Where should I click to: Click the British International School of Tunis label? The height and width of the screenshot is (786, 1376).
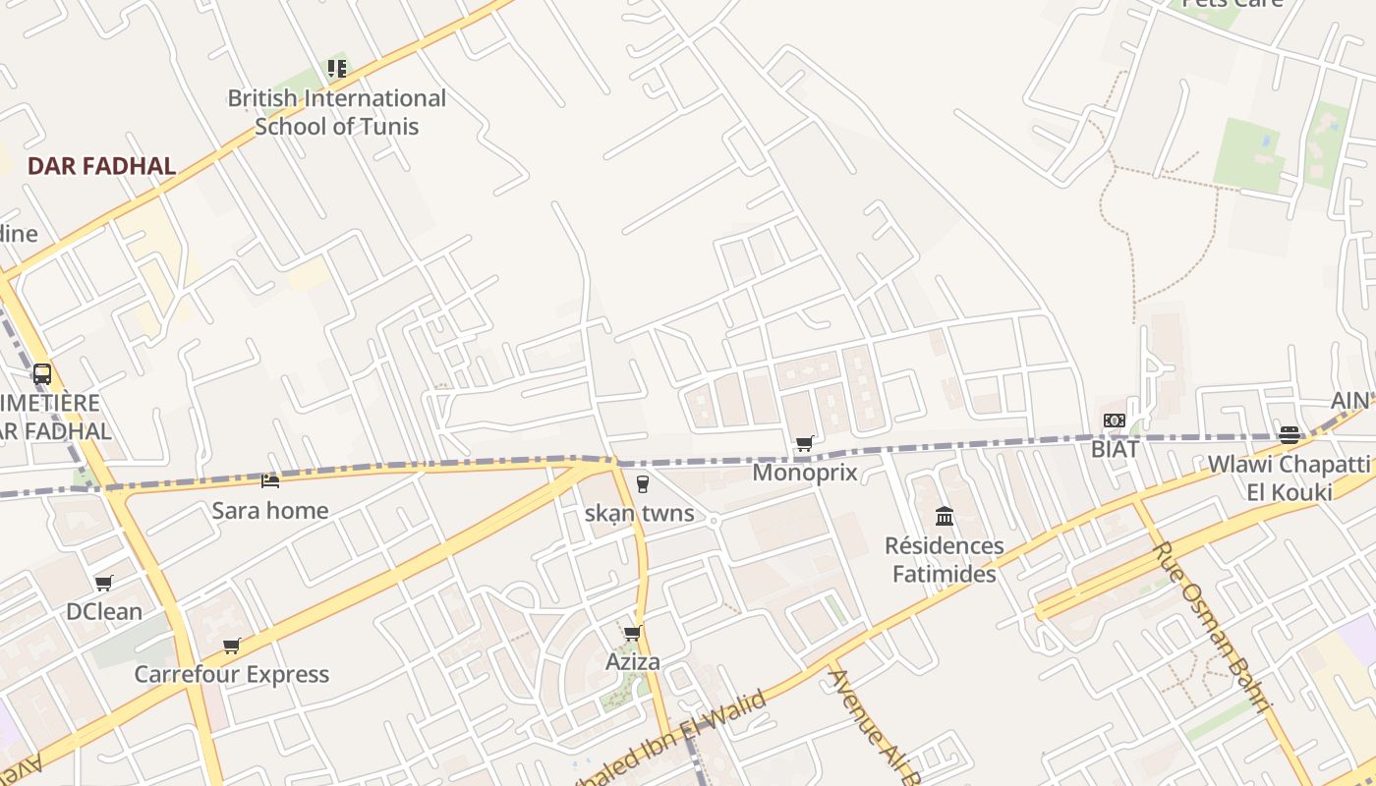click(x=336, y=112)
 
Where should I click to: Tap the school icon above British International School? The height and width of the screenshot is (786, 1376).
click(x=337, y=69)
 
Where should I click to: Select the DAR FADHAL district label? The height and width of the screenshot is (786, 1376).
click(x=101, y=166)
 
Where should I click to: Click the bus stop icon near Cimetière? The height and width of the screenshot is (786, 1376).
click(x=41, y=373)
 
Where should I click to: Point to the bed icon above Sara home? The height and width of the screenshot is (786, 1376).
click(x=270, y=480)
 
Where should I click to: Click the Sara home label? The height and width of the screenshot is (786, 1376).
click(x=270, y=511)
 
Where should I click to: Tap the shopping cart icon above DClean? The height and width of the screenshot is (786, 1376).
click(x=104, y=583)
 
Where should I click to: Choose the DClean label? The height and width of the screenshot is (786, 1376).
click(x=104, y=611)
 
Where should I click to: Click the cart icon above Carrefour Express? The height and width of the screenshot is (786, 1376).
click(x=232, y=646)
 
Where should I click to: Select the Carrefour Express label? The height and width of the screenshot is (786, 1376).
click(x=232, y=674)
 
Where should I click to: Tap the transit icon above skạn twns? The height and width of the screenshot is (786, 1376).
click(x=642, y=483)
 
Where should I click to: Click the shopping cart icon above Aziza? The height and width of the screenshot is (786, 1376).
click(x=632, y=633)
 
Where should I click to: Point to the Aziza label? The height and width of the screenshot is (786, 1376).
click(x=633, y=662)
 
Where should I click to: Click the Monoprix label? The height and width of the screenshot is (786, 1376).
click(x=805, y=473)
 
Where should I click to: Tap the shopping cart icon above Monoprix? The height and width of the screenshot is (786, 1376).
click(x=805, y=443)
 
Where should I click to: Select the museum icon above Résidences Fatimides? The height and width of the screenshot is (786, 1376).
click(x=945, y=516)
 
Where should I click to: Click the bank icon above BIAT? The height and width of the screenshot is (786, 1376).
click(x=1114, y=421)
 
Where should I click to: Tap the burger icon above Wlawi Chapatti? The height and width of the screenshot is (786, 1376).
click(x=1289, y=434)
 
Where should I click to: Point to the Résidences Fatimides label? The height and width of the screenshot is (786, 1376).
click(x=945, y=560)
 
